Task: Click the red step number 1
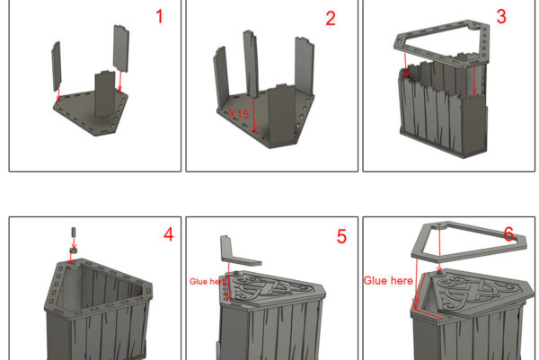click(x=159, y=16)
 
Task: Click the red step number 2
click(x=331, y=18)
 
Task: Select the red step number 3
click(x=501, y=16)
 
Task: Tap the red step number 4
click(x=169, y=234)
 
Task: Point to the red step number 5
click(x=341, y=236)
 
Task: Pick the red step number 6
click(x=508, y=234)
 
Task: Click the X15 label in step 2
click(x=239, y=114)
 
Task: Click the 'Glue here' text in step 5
click(x=208, y=282)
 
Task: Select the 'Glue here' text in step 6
click(x=388, y=281)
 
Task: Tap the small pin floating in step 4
click(x=74, y=232)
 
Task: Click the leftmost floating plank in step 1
click(x=57, y=66)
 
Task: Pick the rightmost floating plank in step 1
click(x=121, y=48)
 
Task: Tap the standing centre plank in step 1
click(x=105, y=93)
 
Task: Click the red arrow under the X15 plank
click(x=254, y=115)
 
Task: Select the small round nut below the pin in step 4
click(x=73, y=250)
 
